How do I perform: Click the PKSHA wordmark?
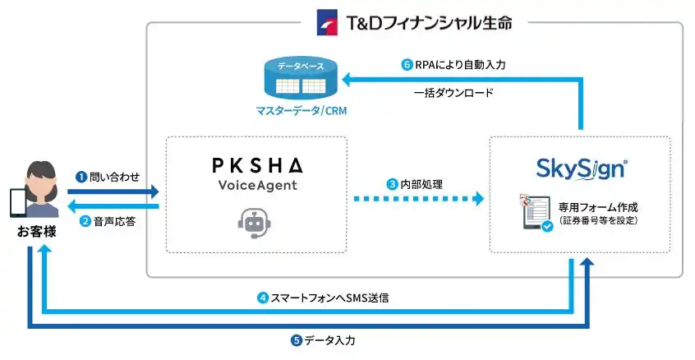point(255,165)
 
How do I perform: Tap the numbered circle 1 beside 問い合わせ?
point(81,177)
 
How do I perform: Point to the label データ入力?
point(329,339)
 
